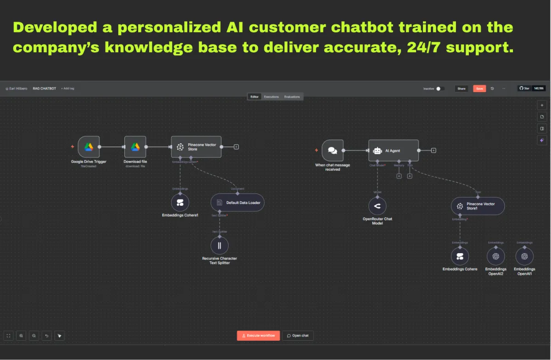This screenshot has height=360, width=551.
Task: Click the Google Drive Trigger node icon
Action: tap(89, 147)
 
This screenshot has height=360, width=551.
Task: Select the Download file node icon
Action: tap(135, 147)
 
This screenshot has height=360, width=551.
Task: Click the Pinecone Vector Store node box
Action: tap(196, 147)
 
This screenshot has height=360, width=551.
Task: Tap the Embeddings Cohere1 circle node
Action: tap(180, 202)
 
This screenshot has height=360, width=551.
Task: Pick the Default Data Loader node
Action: tap(237, 202)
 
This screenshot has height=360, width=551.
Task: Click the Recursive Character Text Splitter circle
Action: tap(219, 246)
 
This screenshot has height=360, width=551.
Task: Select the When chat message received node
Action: tap(332, 150)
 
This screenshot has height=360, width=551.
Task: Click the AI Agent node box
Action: tap(394, 150)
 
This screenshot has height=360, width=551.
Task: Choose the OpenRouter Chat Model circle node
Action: tap(377, 206)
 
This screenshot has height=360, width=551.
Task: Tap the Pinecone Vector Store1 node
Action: tap(478, 206)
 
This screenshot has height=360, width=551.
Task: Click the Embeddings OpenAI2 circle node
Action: tap(495, 256)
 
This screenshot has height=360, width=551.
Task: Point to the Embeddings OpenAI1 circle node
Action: tap(524, 256)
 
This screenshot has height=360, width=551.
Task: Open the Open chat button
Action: tap(298, 336)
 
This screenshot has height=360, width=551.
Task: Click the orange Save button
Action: tap(479, 89)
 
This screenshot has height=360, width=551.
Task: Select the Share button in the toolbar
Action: tap(461, 89)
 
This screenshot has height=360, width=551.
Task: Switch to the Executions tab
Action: tap(271, 97)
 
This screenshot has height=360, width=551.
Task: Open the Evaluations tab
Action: tap(292, 97)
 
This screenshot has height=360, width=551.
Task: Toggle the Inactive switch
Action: tap(439, 89)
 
